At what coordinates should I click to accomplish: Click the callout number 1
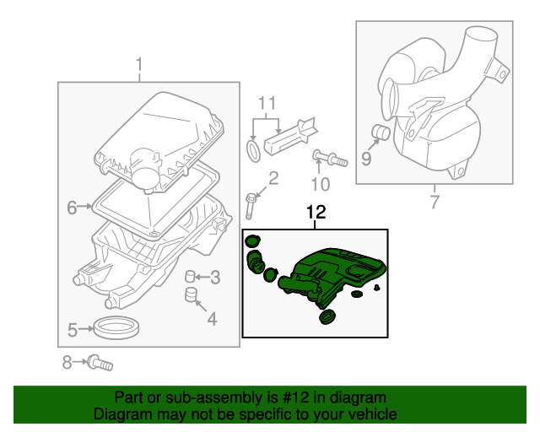coord(140,64)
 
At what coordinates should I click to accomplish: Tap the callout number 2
coord(273,177)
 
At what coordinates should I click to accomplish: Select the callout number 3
coord(215,277)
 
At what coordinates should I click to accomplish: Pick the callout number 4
coord(211,318)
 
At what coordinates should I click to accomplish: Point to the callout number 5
coord(73,329)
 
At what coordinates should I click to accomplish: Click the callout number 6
coord(72,206)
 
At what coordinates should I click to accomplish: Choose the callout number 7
coord(434,202)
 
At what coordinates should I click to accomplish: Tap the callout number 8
coord(67,363)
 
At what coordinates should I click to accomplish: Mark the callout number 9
coord(365,156)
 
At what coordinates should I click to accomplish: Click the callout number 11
coord(267,104)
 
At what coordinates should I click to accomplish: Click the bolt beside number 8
coord(100,364)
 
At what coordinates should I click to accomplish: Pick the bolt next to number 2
coord(251,205)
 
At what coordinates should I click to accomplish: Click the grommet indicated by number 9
coord(380,132)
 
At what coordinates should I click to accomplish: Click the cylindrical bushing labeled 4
coord(192,294)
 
